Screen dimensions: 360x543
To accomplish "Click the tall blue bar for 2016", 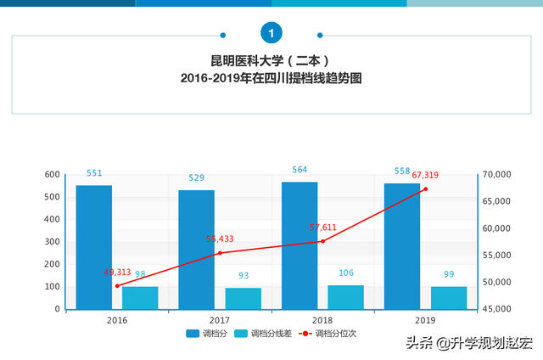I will pyautogui.click(x=93, y=247).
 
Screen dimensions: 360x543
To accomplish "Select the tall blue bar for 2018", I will pyautogui.click(x=299, y=245).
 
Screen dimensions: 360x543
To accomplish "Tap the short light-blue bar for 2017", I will pyautogui.click(x=243, y=299).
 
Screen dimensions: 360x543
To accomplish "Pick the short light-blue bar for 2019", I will pyautogui.click(x=449, y=298).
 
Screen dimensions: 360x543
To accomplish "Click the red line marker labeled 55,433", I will pyautogui.click(x=220, y=253).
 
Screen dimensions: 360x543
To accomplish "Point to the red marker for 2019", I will pyautogui.click(x=426, y=188).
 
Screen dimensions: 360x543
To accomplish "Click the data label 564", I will pyautogui.click(x=299, y=170).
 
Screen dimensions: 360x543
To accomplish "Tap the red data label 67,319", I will pyautogui.click(x=425, y=175).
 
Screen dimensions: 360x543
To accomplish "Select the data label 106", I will pyautogui.click(x=345, y=273).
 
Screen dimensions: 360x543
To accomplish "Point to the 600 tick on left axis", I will pyautogui.click(x=52, y=175).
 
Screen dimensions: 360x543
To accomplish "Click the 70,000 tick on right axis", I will pyautogui.click(x=497, y=175).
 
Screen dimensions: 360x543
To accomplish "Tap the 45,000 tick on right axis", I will pyautogui.click(x=497, y=309).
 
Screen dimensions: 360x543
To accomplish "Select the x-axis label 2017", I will pyautogui.click(x=220, y=321).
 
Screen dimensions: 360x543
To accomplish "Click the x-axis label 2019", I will pyautogui.click(x=426, y=321).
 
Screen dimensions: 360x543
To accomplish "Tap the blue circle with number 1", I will pyautogui.click(x=271, y=33).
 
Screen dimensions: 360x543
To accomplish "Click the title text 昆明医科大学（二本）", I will pyautogui.click(x=271, y=61).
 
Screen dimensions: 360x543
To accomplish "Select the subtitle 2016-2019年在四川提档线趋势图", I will pyautogui.click(x=271, y=78).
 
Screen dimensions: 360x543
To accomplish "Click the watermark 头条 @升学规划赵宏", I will pyautogui.click(x=468, y=343).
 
